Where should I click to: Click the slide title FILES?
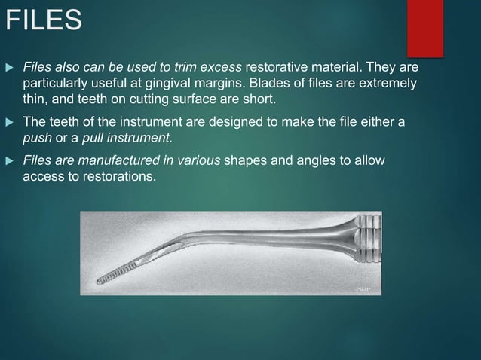43,20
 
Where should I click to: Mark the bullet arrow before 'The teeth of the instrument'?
10,121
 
